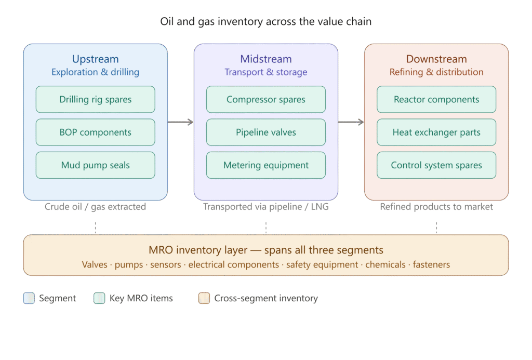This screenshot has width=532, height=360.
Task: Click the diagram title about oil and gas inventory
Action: click(x=266, y=22)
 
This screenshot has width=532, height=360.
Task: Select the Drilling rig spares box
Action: click(x=96, y=99)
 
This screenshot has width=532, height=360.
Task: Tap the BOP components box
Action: click(x=96, y=132)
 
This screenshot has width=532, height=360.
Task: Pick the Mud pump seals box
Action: click(x=96, y=165)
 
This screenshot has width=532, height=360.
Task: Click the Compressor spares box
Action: click(x=266, y=99)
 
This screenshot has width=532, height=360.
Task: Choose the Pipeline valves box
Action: click(x=266, y=132)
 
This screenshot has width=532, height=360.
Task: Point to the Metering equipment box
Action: click(x=266, y=165)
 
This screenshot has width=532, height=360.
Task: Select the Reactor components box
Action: click(x=436, y=99)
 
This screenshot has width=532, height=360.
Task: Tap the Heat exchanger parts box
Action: click(x=436, y=132)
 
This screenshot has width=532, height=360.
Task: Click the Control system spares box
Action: click(x=436, y=165)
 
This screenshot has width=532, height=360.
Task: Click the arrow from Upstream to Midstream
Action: click(x=180, y=122)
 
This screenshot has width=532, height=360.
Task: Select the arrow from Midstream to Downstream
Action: click(x=351, y=122)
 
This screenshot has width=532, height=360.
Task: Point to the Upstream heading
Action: click(x=96, y=59)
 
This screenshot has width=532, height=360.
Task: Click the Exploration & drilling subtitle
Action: click(x=96, y=72)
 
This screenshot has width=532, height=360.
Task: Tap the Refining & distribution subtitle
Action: click(x=436, y=72)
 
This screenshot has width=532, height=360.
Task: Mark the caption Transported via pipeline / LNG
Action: click(x=266, y=207)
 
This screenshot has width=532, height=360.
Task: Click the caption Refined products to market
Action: click(x=436, y=207)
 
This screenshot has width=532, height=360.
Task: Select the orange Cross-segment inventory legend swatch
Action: click(x=204, y=298)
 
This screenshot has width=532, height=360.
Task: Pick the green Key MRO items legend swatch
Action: click(x=99, y=298)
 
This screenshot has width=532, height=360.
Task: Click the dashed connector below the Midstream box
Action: click(x=266, y=228)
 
